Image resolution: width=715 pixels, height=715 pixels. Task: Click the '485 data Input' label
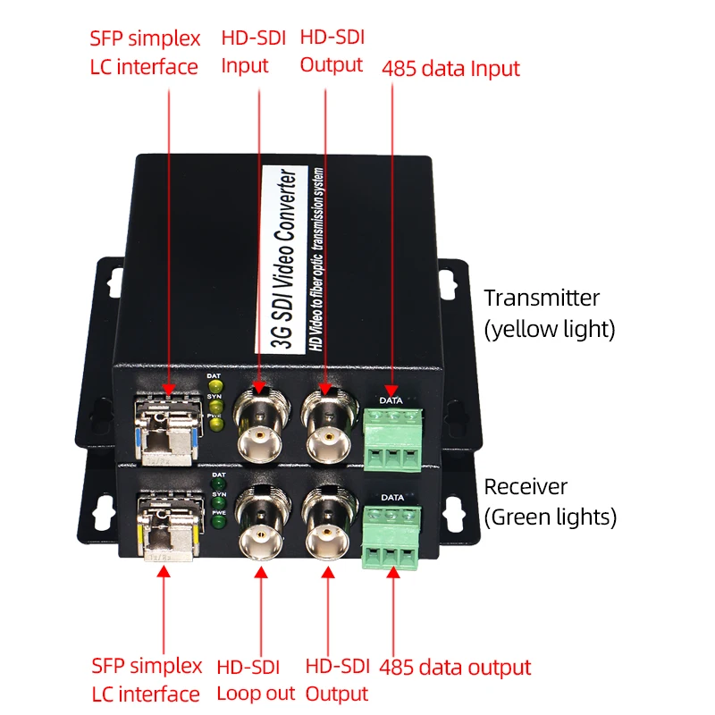pyautogui.click(x=450, y=68)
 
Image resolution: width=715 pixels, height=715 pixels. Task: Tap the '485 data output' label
pyautogui.click(x=455, y=667)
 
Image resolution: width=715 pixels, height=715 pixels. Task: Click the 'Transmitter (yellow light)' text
pyautogui.click(x=550, y=313)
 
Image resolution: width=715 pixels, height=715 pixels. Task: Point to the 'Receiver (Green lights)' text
pyautogui.click(x=550, y=501)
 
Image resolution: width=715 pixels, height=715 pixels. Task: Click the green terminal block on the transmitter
pyautogui.click(x=391, y=442)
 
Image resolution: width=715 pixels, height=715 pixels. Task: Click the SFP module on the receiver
pyautogui.click(x=170, y=528)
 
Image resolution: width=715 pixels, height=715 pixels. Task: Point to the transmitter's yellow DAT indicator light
pyautogui.click(x=214, y=387)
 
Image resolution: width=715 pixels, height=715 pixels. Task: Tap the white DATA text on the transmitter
pyautogui.click(x=391, y=400)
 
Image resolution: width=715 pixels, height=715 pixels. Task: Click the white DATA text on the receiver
pyautogui.click(x=391, y=497)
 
